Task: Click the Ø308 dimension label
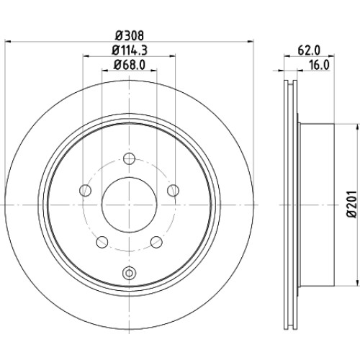coord(130,36)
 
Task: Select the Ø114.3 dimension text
coord(130,50)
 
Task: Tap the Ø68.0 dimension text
coord(130,65)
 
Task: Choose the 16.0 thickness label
coord(319,65)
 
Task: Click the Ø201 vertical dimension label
coord(352,204)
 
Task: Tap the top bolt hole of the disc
coord(129,158)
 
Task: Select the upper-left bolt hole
coord(85,191)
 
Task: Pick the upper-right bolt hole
coord(173,191)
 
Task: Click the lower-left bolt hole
coord(102,242)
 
